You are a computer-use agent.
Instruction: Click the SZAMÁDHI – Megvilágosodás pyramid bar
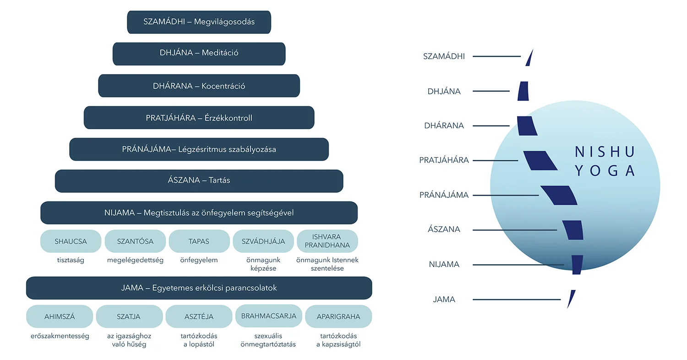coord(199,22)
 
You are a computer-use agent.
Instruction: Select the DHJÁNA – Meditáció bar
coord(199,54)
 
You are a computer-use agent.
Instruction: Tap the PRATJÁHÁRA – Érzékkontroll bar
coord(199,118)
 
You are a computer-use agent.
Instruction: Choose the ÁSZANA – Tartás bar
coord(199,181)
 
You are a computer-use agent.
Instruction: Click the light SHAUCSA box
coord(71,241)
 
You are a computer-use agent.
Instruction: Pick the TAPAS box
coord(199,241)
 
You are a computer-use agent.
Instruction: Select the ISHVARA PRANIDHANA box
coord(327,241)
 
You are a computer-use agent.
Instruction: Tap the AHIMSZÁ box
coord(60,316)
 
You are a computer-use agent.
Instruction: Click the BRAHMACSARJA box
coord(268,316)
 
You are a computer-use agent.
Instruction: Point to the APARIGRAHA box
coord(338,316)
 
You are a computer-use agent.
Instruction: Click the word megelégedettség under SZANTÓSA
coord(135,260)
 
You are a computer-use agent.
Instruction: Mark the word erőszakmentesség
coord(60,336)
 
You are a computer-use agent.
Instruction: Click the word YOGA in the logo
coord(605,171)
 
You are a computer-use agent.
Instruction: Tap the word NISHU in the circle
coord(605,152)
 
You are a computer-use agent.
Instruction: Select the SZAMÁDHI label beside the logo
coord(444,57)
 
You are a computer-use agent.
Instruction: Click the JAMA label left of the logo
coord(444,300)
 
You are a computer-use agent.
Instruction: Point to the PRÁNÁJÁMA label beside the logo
coord(444,195)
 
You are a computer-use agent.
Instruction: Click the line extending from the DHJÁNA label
coord(491,91)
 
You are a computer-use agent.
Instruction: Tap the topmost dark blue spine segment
coord(529,58)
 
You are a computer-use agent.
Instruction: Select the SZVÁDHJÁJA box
coord(263,241)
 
